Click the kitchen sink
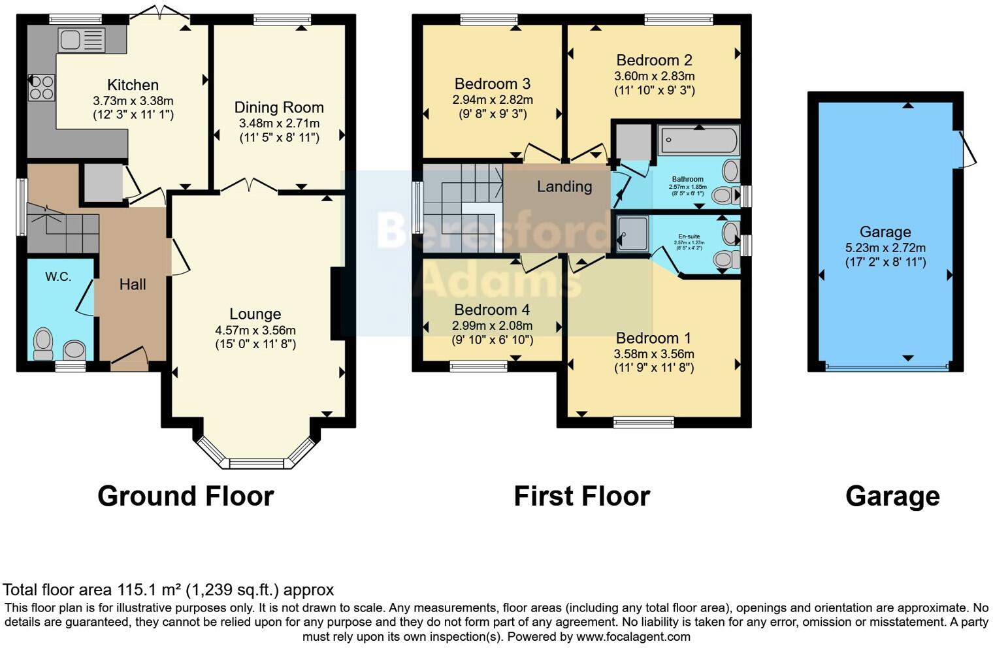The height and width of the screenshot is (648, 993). (x=81, y=40)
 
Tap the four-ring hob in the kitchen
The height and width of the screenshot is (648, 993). (x=41, y=88)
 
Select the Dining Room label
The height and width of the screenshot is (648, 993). (x=279, y=108)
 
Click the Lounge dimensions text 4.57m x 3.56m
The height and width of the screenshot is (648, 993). (x=255, y=330)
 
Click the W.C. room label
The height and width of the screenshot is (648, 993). (x=58, y=277)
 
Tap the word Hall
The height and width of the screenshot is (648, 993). (x=133, y=284)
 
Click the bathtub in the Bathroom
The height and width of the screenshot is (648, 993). (x=698, y=140)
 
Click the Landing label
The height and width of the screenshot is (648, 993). (x=564, y=187)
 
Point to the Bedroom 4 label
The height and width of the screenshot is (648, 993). (x=492, y=310)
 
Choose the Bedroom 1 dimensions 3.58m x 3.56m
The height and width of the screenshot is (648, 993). (x=653, y=354)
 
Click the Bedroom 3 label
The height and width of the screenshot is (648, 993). (x=493, y=84)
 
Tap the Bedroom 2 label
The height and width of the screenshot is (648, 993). (x=654, y=61)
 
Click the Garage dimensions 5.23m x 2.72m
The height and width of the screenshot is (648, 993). (x=885, y=248)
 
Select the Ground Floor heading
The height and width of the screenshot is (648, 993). (x=186, y=496)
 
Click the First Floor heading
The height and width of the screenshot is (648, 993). (x=581, y=496)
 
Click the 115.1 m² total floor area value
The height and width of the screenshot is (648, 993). (x=150, y=590)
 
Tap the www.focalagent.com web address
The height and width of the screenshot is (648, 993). (x=633, y=636)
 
